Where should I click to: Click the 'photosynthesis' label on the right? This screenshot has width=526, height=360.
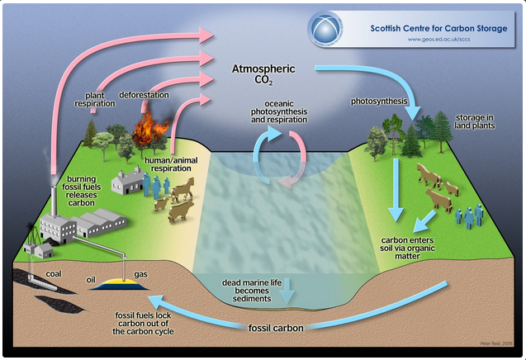pos(379,101)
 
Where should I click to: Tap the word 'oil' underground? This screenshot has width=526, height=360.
pos(92,279)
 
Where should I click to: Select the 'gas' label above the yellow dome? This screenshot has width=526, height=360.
pos(141,272)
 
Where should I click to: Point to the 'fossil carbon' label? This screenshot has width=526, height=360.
pos(277,328)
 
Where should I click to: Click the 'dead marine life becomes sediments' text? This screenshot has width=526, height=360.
pos(252,291)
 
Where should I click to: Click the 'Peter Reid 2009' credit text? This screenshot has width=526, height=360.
pos(497,343)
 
